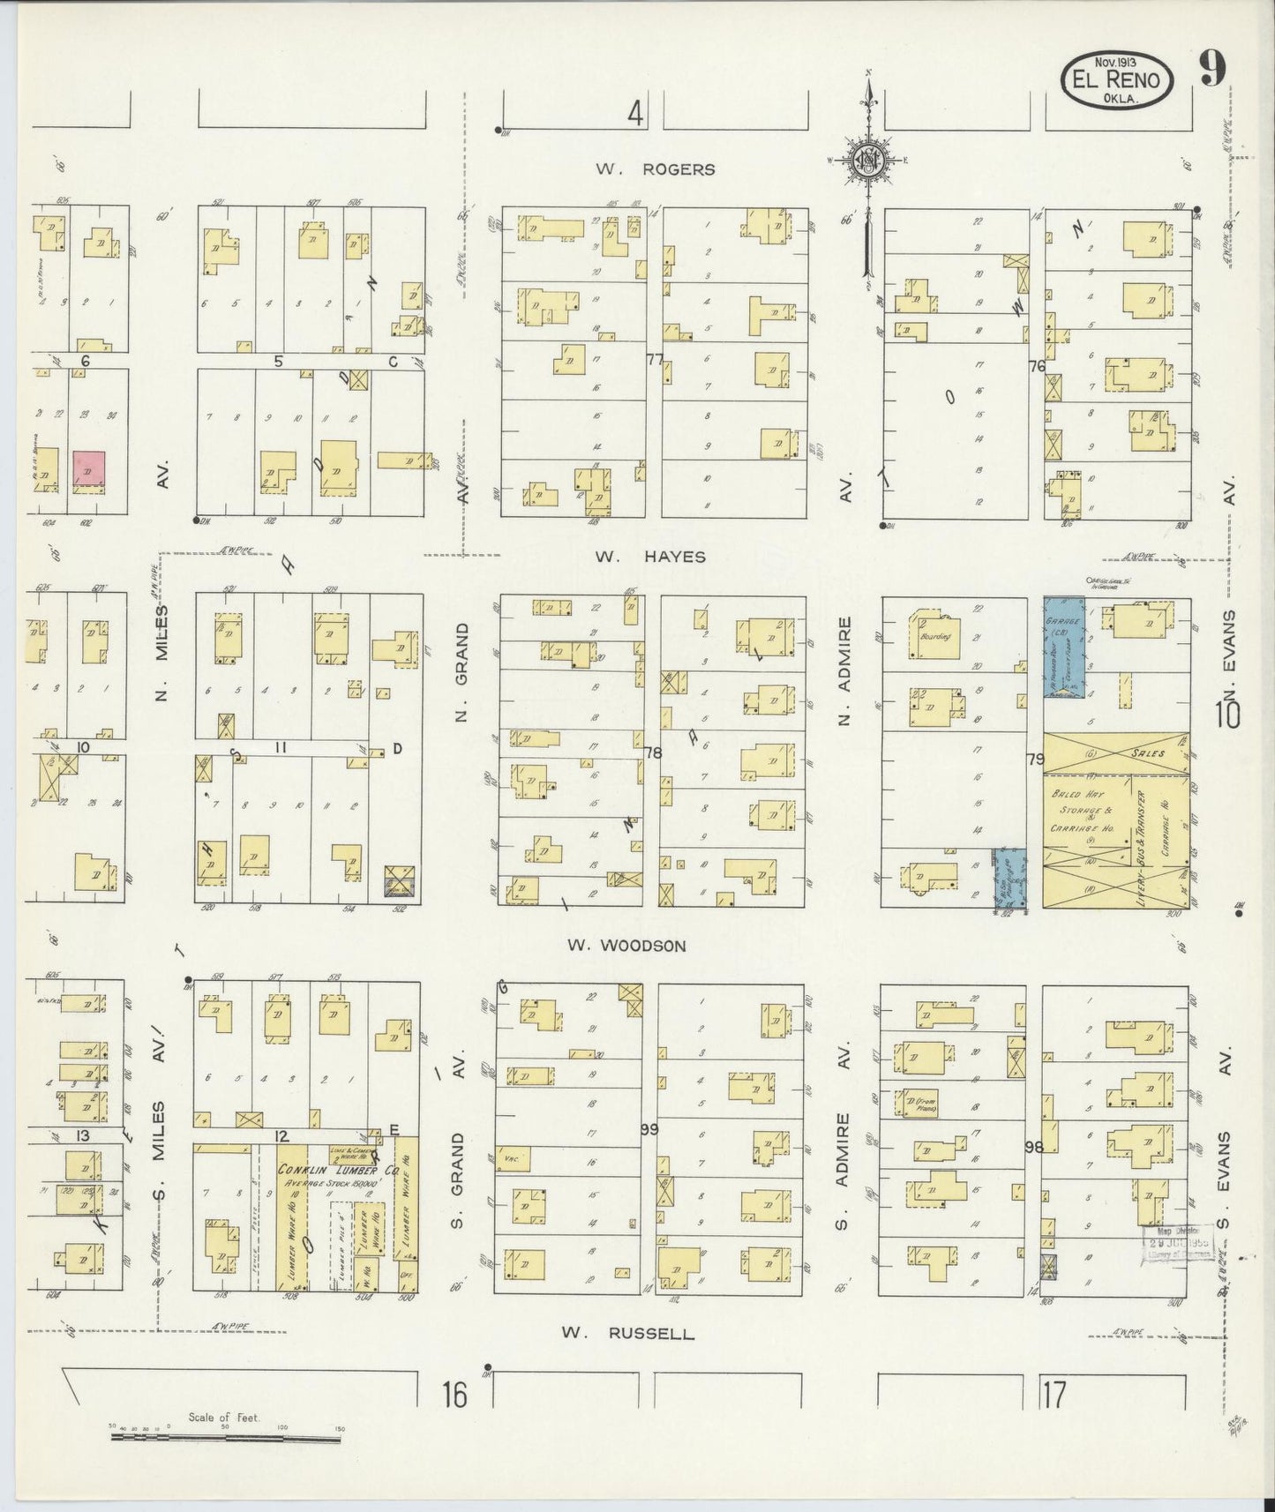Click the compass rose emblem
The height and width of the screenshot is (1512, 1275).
(x=868, y=159)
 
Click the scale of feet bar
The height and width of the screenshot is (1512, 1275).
(x=225, y=1438)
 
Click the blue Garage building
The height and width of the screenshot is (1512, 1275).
(x=1064, y=647)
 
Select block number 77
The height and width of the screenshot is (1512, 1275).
(x=654, y=359)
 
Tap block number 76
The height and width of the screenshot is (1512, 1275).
(x=1036, y=365)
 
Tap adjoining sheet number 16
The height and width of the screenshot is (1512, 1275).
(x=454, y=1396)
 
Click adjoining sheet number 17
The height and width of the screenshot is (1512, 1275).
(x=1053, y=1396)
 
